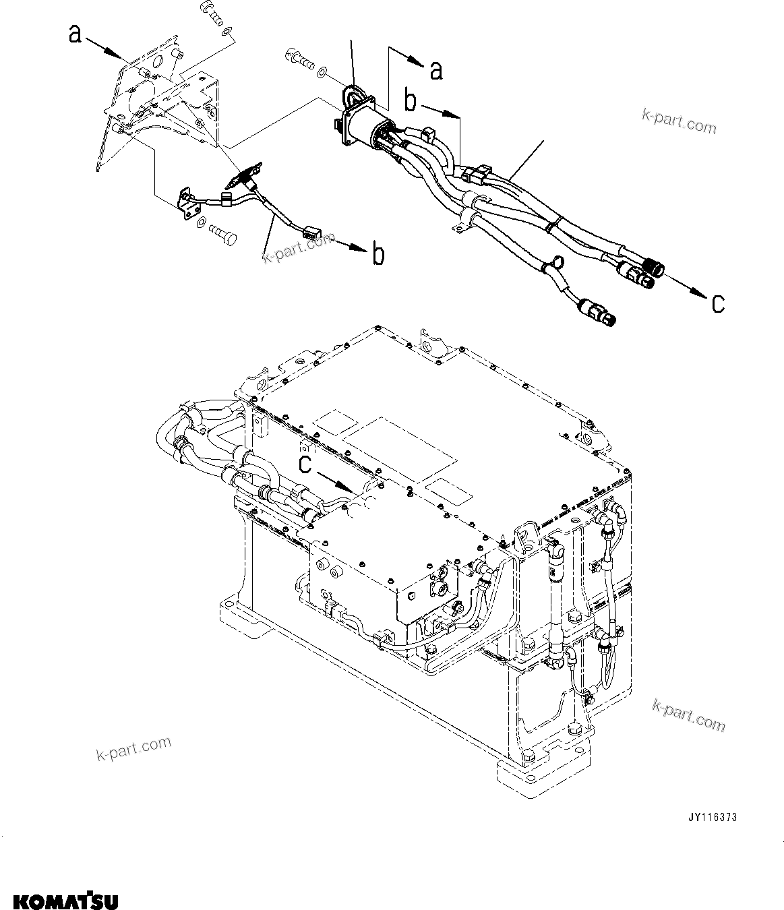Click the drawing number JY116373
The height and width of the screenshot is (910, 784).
[712, 817]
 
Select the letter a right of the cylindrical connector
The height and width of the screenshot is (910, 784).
[436, 69]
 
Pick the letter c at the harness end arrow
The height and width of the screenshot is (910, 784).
[719, 303]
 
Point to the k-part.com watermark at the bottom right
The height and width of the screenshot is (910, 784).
[689, 717]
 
